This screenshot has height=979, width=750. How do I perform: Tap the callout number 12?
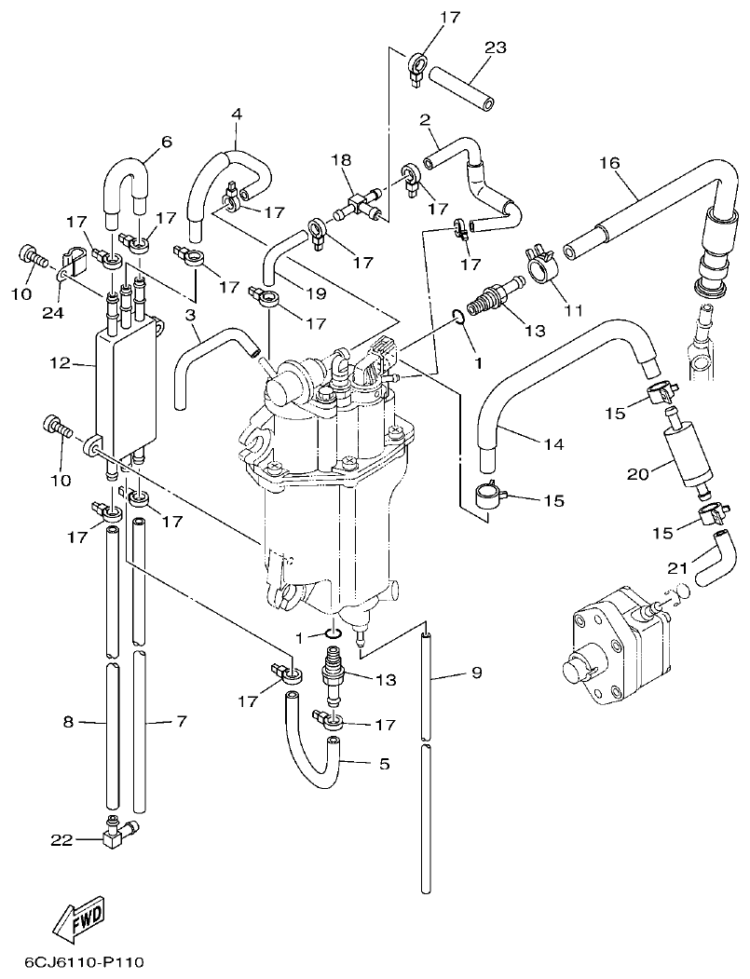61,363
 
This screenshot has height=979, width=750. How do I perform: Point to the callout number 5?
384,764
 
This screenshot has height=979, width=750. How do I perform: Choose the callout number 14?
553,444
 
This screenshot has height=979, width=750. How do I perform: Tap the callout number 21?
678,568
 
